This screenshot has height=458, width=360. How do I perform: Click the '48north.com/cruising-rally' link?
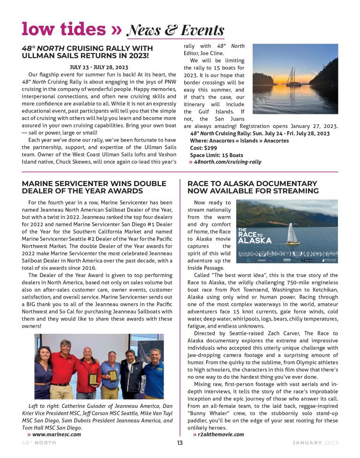pos(227,162)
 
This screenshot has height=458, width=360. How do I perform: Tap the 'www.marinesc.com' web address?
pos(56,434)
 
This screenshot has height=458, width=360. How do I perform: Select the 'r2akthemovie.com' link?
pos(221,434)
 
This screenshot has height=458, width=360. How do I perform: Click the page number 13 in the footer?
pos(180,443)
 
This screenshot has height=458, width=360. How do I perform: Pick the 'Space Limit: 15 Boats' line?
pos(216,155)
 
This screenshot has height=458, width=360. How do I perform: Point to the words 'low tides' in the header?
pos(64,29)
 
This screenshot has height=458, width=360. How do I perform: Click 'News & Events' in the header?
pos(175,30)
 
